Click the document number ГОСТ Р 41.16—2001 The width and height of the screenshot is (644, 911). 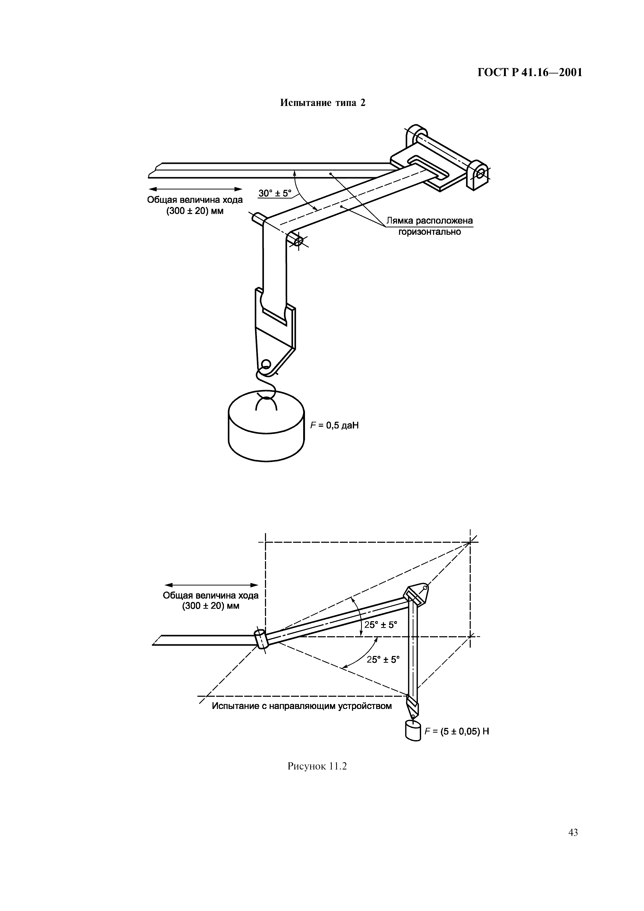530,73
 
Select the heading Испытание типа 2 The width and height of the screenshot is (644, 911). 323,103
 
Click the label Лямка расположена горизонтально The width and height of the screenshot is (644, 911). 430,226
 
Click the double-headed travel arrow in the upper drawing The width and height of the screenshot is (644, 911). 195,189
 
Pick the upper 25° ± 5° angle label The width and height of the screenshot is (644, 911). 381,625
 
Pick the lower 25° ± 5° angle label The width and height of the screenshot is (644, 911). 383,659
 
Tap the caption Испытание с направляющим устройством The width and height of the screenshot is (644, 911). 302,706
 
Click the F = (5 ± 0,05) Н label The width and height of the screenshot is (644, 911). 457,731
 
